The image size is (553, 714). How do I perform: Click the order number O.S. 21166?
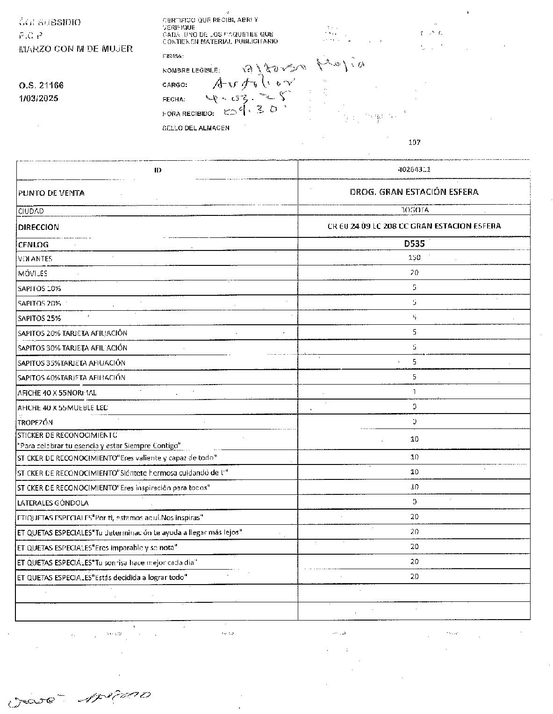tap(41, 86)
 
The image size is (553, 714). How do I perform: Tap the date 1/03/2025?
tap(39, 99)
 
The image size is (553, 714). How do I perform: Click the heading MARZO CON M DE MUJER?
tap(76, 49)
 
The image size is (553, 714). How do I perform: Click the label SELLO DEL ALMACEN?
tap(196, 128)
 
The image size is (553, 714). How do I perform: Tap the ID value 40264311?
tap(414, 170)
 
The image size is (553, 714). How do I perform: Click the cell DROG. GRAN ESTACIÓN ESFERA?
tap(414, 192)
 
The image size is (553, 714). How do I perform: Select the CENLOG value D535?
tap(414, 243)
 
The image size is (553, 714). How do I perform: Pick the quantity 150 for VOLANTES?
tap(414, 257)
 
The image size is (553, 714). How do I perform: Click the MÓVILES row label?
tap(32, 273)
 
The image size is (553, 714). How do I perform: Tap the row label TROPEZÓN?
tap(35, 422)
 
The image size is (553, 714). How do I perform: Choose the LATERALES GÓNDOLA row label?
tap(53, 503)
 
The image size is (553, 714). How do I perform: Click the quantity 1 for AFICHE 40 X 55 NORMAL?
tap(414, 392)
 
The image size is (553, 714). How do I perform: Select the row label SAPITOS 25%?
tap(39, 318)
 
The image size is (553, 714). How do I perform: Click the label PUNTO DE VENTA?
tap(51, 193)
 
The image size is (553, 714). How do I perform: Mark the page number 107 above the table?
tap(414, 142)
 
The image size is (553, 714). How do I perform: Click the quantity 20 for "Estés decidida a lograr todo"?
tap(414, 577)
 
